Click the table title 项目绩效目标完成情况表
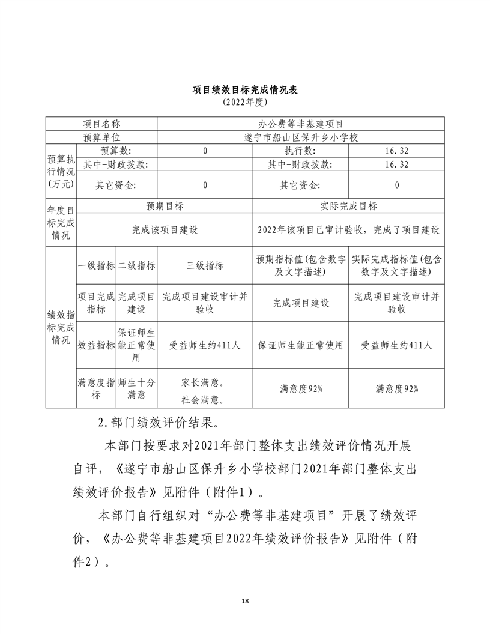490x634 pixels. pos(245,90)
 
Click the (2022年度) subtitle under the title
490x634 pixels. pos(245,103)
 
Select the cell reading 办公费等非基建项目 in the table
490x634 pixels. pos(300,124)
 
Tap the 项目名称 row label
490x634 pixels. pos(101,124)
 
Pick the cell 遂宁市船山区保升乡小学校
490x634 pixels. pos(300,137)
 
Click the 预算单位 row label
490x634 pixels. pos(101,137)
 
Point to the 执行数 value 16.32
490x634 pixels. pos(397,151)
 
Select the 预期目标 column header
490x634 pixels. pos(165,206)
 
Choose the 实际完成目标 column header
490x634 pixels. pos(349,206)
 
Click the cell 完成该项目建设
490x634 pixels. pos(165,229)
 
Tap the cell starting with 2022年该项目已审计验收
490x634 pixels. pos(349,229)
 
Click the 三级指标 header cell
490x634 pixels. pos(205,265)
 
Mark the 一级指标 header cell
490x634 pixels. pos(97,265)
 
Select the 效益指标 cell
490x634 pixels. pos(97,345)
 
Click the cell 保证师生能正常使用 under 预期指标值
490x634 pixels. pos(301,345)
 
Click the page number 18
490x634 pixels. pos(245,601)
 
